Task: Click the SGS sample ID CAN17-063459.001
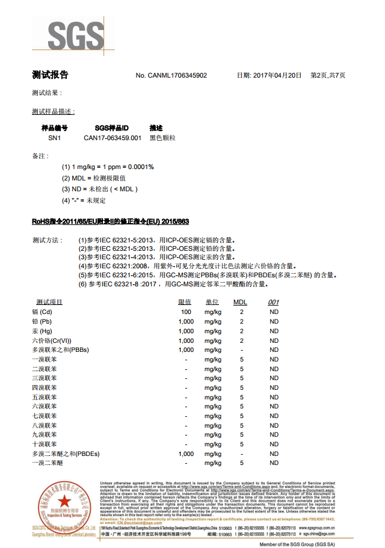pyautogui.click(x=112, y=138)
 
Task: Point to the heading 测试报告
pyautogui.click(x=50, y=75)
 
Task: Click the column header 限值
pyautogui.click(x=185, y=302)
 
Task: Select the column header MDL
pyautogui.click(x=240, y=302)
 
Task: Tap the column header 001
pyautogui.click(x=274, y=302)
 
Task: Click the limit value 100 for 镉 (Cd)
pyautogui.click(x=186, y=312)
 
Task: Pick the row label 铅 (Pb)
pyautogui.click(x=43, y=322)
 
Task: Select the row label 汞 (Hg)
pyautogui.click(x=43, y=331)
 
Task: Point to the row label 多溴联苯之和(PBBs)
pyautogui.click(x=61, y=349)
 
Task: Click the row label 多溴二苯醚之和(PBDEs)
pyautogui.click(x=66, y=454)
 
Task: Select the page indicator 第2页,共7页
pyautogui.click(x=328, y=75)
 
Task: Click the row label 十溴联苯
pyautogui.click(x=45, y=444)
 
